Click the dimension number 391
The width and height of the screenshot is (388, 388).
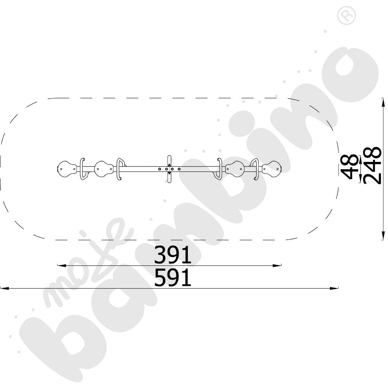tap(173, 255)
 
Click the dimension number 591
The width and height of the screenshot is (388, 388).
tap(173, 278)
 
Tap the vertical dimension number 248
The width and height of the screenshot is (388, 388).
tap(372, 165)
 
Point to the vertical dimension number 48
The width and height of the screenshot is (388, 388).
tap(350, 167)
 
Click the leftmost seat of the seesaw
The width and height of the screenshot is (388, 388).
tap(67, 169)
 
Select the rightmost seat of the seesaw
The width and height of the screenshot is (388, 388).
tap(272, 169)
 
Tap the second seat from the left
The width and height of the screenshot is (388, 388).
tap(104, 169)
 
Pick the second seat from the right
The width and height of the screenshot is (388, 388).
tap(235, 169)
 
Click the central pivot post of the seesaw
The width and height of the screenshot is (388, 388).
tap(169, 169)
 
